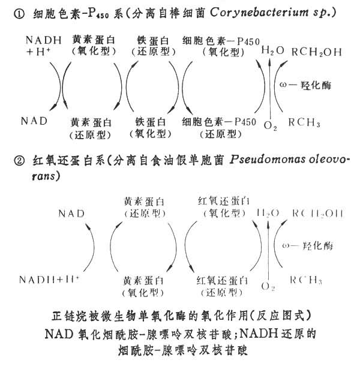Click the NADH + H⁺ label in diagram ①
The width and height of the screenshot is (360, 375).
coord(43,46)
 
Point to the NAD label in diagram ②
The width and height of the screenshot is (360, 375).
coord(72,213)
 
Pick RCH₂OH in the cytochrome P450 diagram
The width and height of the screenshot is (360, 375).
coord(316,52)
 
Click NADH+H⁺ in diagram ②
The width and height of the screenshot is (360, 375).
coord(50,280)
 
